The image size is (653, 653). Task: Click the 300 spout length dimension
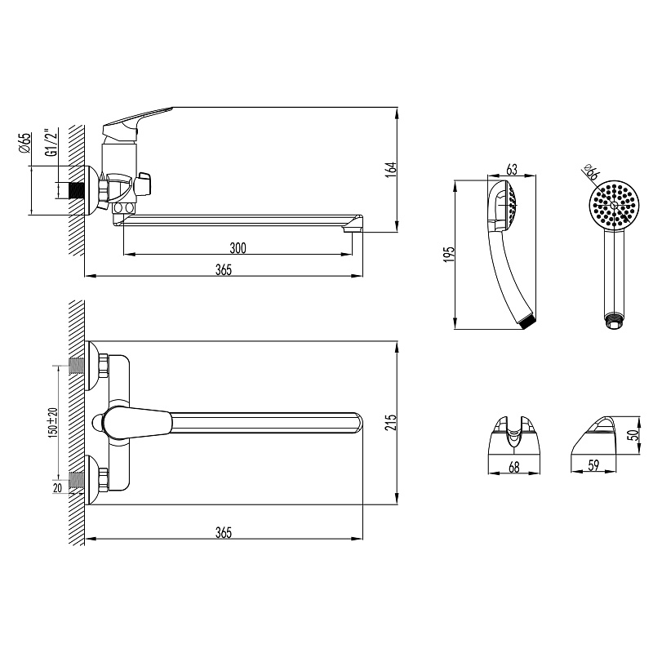pos(238,248)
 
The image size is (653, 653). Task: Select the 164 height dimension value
pos(391,170)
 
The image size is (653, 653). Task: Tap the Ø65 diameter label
pos(25,143)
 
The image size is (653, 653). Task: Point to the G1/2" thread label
pos(51,142)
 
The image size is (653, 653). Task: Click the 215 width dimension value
pos(391,422)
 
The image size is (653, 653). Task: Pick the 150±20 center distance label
pos(53,422)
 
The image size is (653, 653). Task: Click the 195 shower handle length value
pos(449,255)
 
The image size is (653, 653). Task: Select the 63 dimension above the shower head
pos(512,170)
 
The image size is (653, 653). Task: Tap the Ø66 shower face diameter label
pos(590,171)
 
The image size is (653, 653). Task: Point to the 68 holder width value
pos(514,467)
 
